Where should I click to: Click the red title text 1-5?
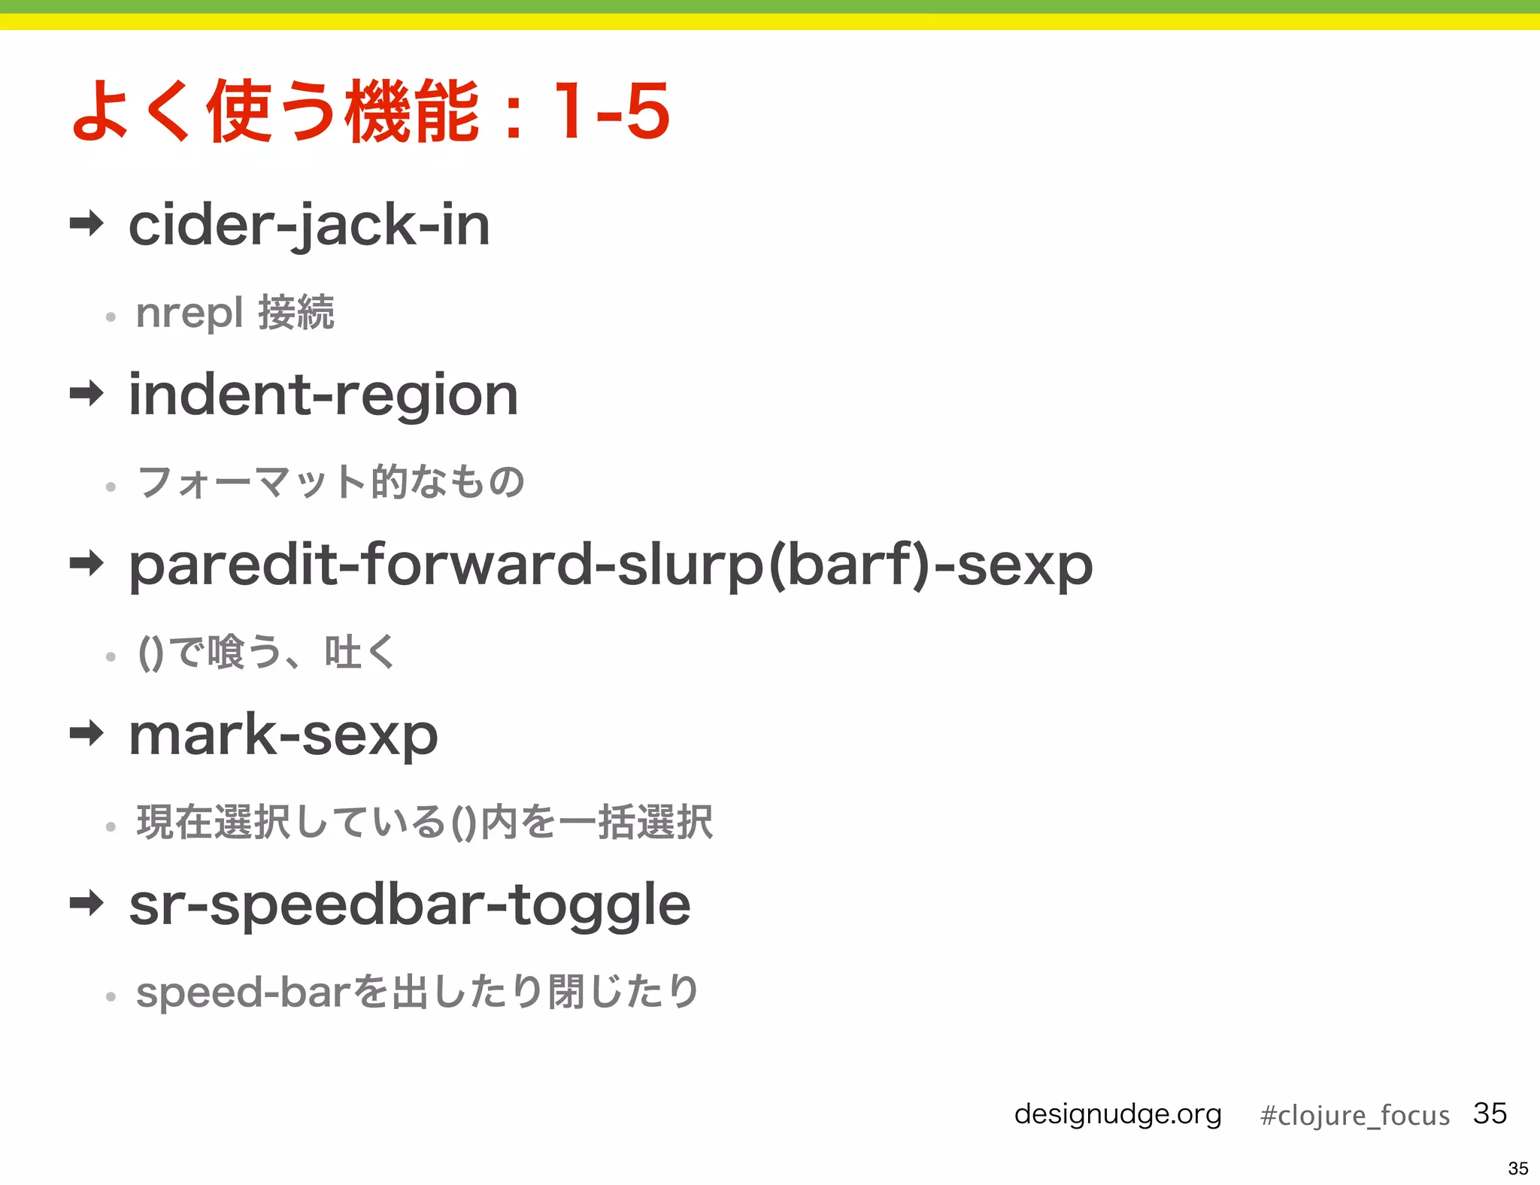coord(611,111)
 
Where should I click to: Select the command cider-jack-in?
coord(309,225)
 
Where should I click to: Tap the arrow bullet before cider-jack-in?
coord(86,223)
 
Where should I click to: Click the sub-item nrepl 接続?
coord(235,312)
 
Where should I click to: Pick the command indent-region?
coord(323,395)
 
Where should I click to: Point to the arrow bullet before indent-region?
coord(86,392)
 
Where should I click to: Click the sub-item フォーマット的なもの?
coord(330,481)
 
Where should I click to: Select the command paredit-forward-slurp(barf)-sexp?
coord(610,565)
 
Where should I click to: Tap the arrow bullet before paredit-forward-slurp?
coord(86,562)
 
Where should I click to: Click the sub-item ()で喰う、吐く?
coord(267,651)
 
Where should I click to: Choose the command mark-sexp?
coord(283,735)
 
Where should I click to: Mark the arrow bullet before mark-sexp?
coord(86,732)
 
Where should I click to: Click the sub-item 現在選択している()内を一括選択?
coord(424,821)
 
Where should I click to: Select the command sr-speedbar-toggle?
coord(409,905)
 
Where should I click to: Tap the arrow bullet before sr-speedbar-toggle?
coord(86,902)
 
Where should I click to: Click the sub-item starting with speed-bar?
coord(417,992)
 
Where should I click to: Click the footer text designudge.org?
coord(1117,1114)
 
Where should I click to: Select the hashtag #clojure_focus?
coord(1354,1115)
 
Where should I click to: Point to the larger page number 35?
coord(1490,1113)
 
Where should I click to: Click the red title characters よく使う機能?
coord(275,111)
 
